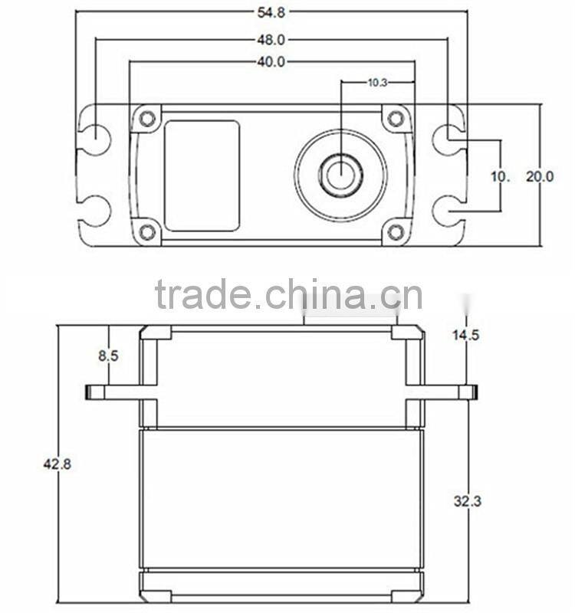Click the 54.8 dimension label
pyautogui.click(x=271, y=11)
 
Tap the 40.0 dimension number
pyautogui.click(x=271, y=62)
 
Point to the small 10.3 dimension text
pyautogui.click(x=377, y=82)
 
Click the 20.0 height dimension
pyautogui.click(x=539, y=176)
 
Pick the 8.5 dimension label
pyautogui.click(x=108, y=356)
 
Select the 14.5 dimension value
pyautogui.click(x=465, y=335)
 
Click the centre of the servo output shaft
pyautogui.click(x=340, y=175)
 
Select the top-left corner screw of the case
pyautogui.click(x=147, y=119)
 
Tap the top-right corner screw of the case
pyautogui.click(x=396, y=119)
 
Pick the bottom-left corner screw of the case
pyautogui.click(x=147, y=231)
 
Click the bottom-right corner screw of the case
pyautogui.click(x=396, y=231)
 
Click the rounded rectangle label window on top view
pyautogui.click(x=202, y=175)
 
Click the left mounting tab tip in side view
pyautogui.click(x=87, y=392)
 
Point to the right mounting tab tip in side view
pyautogui.click(x=475, y=392)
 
